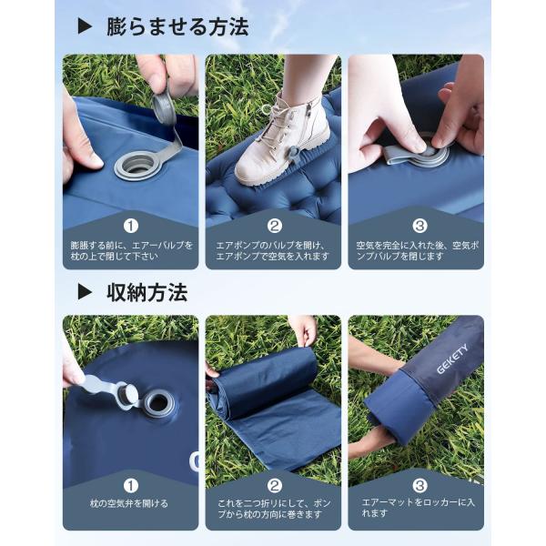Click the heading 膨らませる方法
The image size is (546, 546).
(x=177, y=27)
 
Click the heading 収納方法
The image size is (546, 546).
(x=147, y=292)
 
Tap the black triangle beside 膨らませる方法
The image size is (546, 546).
(x=85, y=26)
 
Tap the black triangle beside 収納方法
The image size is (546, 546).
(x=85, y=291)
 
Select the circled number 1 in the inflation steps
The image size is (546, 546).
(x=131, y=227)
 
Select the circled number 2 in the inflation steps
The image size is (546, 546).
(x=275, y=227)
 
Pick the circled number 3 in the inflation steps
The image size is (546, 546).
(x=420, y=227)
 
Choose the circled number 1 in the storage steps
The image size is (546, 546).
(x=131, y=486)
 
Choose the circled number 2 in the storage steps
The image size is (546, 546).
(x=275, y=486)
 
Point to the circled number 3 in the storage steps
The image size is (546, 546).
(x=420, y=486)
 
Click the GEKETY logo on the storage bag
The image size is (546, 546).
(x=452, y=359)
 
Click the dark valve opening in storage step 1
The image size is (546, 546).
(x=158, y=403)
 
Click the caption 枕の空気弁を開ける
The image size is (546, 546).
(x=129, y=503)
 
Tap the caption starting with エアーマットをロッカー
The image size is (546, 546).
(x=418, y=508)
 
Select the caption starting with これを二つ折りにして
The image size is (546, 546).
(x=275, y=509)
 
